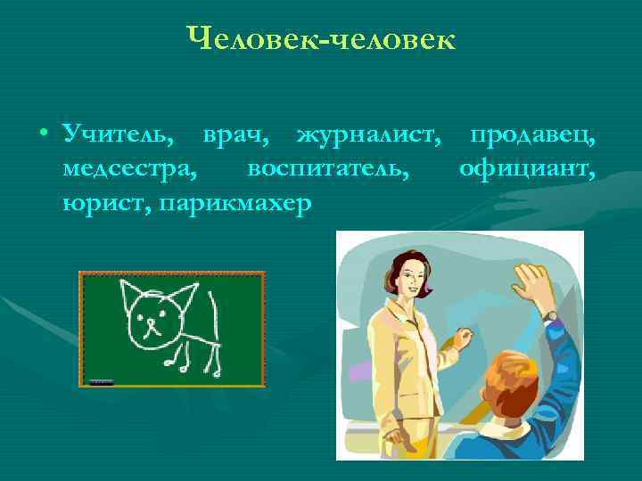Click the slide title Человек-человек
pyautogui.click(x=321, y=39)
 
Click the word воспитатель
pyautogui.click(x=329, y=169)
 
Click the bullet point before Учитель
pyautogui.click(x=43, y=136)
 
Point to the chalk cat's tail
pyautogui.click(x=212, y=307)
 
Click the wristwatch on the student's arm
pyautogui.click(x=551, y=315)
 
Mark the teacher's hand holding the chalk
pyautogui.click(x=463, y=338)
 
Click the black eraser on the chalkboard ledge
pyautogui.click(x=102, y=382)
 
